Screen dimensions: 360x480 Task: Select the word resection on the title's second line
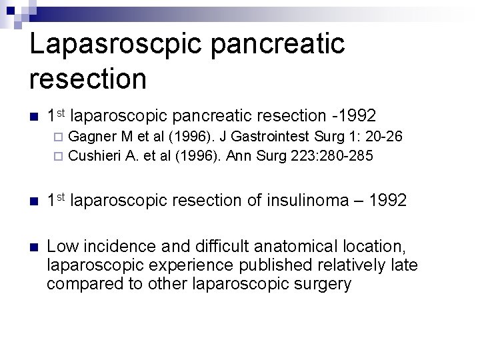tap(87, 79)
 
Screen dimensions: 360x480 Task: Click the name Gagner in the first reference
tap(91, 138)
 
